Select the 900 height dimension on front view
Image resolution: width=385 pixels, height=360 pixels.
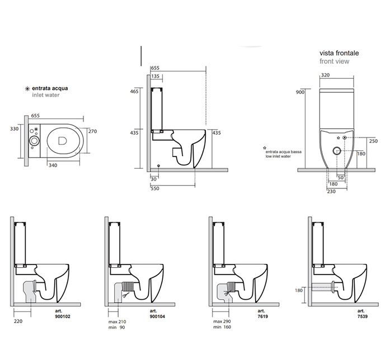pos(300,92)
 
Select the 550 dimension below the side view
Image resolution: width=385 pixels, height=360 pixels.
pos(155,189)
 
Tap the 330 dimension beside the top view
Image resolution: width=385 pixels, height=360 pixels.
pos(15,128)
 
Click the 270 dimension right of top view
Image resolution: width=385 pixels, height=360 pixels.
pos(93,131)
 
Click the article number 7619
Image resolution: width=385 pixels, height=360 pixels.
pos(261,316)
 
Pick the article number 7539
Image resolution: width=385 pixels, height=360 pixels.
pos(361,316)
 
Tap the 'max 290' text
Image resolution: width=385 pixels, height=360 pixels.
pos(222,322)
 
